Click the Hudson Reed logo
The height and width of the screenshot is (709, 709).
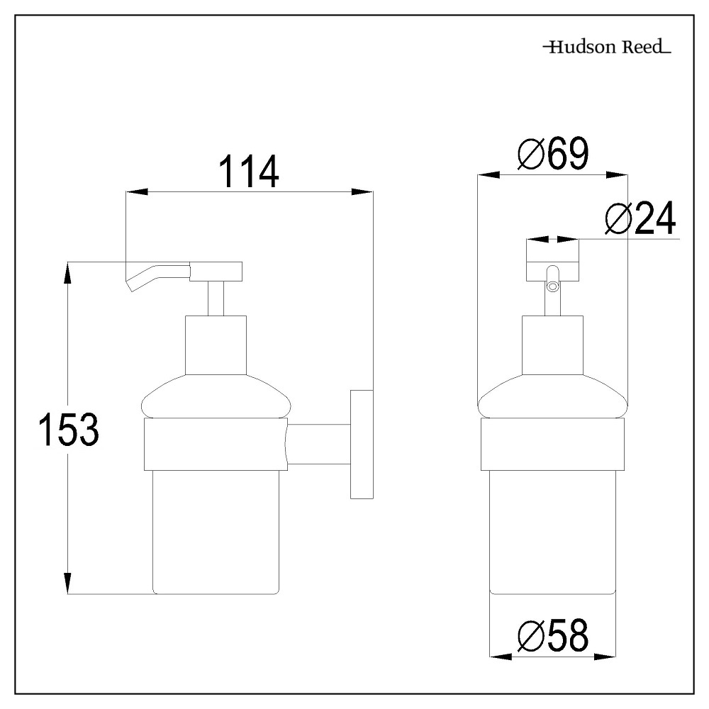point(606,48)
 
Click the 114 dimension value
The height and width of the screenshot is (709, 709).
point(248,173)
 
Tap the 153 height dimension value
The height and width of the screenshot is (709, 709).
point(67,430)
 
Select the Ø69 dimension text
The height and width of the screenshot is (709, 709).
point(552,155)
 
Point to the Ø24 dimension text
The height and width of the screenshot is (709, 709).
point(640,220)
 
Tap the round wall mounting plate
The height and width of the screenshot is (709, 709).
point(361,443)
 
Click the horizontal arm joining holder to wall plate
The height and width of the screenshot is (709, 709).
point(319,445)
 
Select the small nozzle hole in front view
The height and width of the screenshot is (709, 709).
point(553,286)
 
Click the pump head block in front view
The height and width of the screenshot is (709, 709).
point(552,261)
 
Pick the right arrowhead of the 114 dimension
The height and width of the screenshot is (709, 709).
point(363,191)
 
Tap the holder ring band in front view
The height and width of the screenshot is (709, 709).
point(553,445)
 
